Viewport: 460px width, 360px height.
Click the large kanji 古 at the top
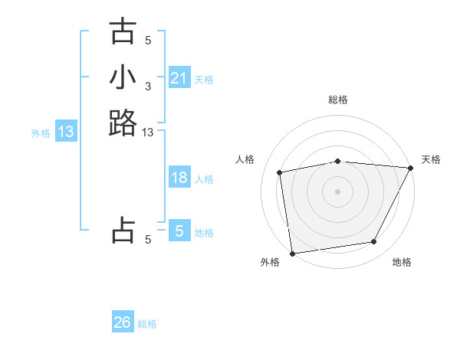[123, 32]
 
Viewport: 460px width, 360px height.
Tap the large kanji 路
[123, 123]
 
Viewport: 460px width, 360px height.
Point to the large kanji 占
[123, 231]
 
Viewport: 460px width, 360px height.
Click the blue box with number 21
[179, 78]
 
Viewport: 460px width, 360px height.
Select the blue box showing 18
[179, 178]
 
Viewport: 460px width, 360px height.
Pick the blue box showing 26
[123, 323]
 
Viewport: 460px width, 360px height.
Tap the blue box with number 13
[66, 133]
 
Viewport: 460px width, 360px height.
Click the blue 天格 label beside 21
[204, 79]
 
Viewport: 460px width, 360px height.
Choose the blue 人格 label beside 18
[204, 179]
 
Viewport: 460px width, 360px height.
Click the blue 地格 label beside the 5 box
[204, 233]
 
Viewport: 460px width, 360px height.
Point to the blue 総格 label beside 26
[147, 324]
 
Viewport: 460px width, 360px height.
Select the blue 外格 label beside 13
[41, 133]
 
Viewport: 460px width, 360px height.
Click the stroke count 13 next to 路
[148, 133]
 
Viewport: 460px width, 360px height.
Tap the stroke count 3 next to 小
[148, 87]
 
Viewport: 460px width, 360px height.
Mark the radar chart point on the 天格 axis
[410, 168]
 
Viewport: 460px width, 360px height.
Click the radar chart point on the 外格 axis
[292, 253]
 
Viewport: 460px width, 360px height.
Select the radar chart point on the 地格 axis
[374, 242]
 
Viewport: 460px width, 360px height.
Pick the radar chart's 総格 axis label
[338, 100]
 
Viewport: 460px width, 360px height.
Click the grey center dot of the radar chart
[338, 191]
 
